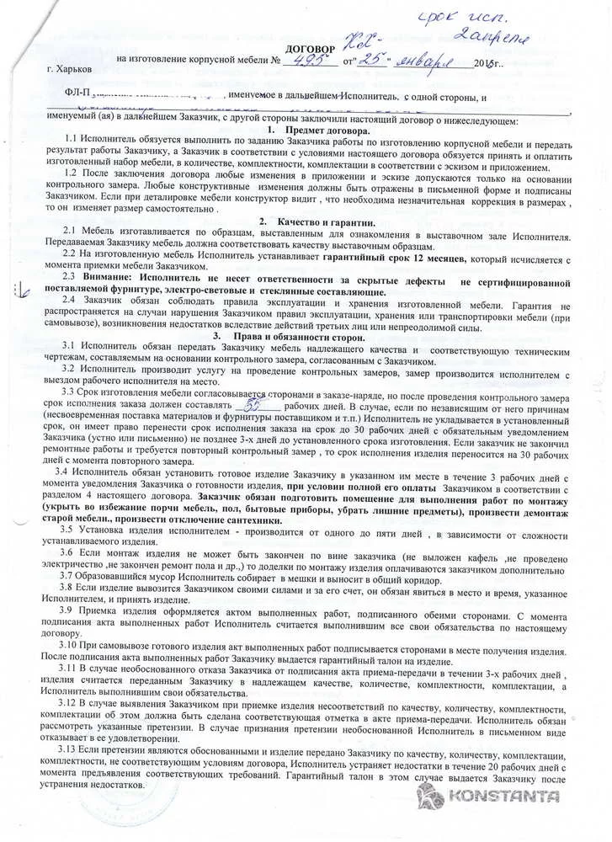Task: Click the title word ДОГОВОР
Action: (311, 49)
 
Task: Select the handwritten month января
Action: (431, 63)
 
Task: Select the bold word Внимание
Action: (111, 276)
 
